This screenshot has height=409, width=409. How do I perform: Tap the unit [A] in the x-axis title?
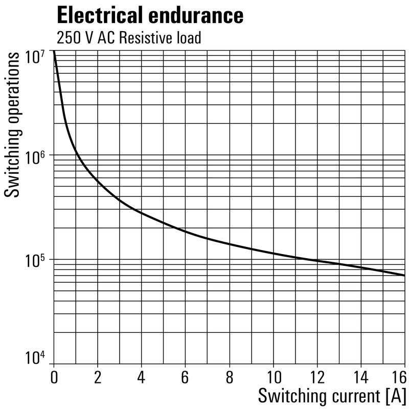(396, 396)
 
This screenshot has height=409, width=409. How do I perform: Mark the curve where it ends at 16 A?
(404, 276)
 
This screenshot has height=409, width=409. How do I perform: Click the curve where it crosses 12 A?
(317, 261)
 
